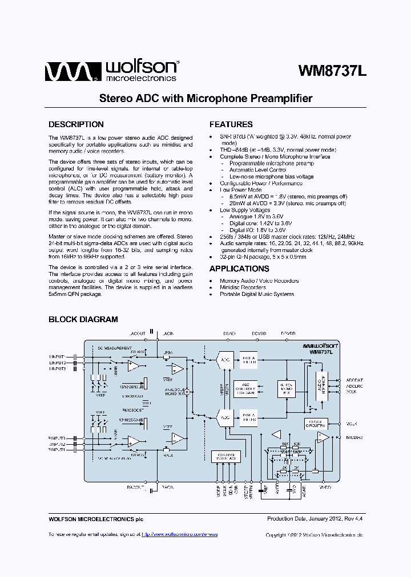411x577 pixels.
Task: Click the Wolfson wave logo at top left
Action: tap(67, 71)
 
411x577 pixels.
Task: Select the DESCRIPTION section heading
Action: tap(76, 124)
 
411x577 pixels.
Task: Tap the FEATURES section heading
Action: tap(231, 124)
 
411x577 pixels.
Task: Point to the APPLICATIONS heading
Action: tap(239, 269)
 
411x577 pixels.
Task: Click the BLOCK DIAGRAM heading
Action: tap(83, 320)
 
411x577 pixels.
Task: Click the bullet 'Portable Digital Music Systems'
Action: tap(257, 294)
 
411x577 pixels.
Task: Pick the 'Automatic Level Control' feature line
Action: tap(257, 170)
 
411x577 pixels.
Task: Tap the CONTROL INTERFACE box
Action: tap(226, 456)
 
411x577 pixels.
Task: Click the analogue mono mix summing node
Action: tap(186, 392)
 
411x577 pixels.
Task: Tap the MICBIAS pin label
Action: tap(354, 437)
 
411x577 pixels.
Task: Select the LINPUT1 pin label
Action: tap(57, 356)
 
